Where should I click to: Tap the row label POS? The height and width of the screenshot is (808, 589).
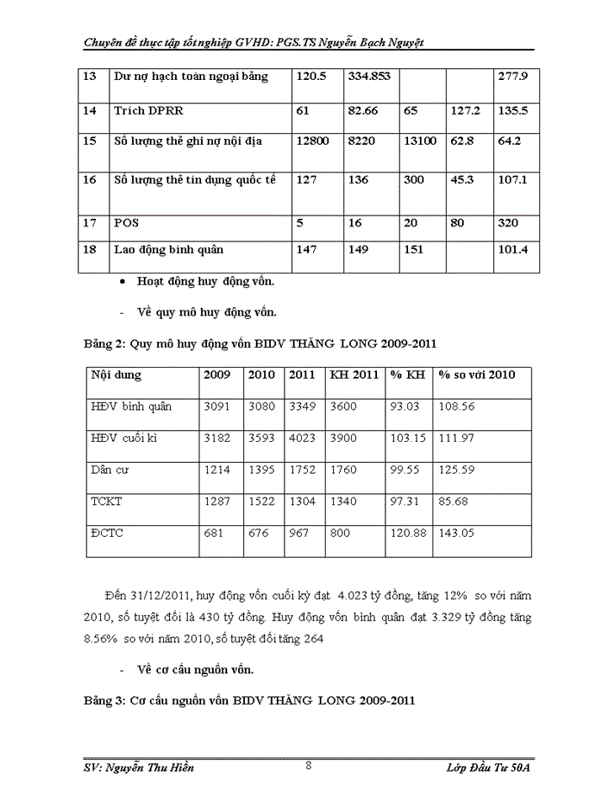pos(126,223)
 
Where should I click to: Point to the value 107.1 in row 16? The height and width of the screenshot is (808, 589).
pos(512,180)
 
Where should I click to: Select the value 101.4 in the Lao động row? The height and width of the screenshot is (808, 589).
pos(512,249)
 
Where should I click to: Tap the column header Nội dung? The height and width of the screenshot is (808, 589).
pos(116,375)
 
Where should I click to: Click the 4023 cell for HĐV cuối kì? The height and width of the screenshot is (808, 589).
pos(302,438)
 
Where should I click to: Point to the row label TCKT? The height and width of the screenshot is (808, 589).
pos(107,501)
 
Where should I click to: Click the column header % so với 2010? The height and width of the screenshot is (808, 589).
pos(477,375)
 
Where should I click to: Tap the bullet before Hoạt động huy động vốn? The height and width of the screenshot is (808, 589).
pos(124,283)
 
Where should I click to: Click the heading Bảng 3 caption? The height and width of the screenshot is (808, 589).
pos(249,699)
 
